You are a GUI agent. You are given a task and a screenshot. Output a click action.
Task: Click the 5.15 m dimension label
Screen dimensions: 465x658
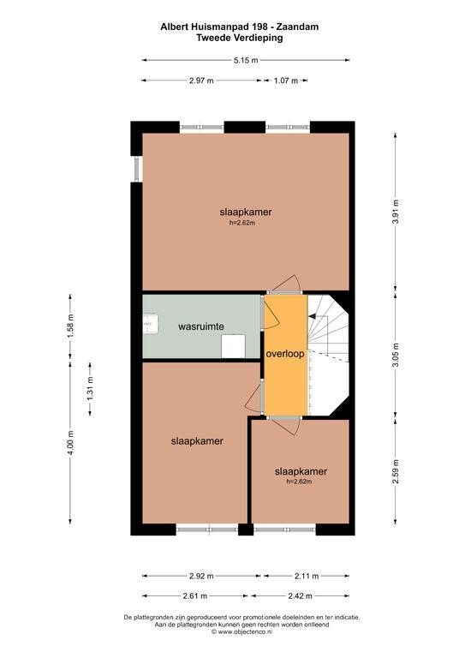[x=246, y=60]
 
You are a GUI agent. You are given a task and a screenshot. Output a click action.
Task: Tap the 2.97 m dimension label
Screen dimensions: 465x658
[x=201, y=81]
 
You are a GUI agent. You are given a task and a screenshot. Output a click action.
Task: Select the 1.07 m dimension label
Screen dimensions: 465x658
[x=286, y=81]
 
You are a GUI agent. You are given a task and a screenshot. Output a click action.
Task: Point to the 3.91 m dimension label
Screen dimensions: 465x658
[x=396, y=212]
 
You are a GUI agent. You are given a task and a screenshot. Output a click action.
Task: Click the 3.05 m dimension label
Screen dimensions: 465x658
[x=396, y=355]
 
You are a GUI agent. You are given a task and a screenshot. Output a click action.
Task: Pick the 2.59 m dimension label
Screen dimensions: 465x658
[x=396, y=472]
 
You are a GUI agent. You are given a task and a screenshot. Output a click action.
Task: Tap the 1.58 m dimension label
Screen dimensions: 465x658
[x=70, y=326]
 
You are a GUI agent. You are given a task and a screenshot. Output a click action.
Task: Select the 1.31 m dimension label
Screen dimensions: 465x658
[x=90, y=389]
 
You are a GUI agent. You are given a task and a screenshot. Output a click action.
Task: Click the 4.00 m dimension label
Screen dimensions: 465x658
[x=70, y=443]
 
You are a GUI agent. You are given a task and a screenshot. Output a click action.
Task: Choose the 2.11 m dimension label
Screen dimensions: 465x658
[x=307, y=576]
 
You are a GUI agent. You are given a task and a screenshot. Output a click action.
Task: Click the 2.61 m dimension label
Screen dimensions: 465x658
[x=195, y=596]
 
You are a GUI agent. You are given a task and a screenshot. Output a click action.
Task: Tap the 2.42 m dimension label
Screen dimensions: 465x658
[x=300, y=596]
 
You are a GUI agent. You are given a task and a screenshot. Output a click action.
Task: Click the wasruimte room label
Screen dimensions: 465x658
[x=201, y=326]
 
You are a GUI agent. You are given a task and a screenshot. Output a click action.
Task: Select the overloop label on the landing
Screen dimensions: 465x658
[x=285, y=354]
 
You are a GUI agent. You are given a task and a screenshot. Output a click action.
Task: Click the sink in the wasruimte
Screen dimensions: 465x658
[x=151, y=324]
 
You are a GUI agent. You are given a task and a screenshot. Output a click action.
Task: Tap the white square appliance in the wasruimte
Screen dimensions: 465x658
[x=234, y=346]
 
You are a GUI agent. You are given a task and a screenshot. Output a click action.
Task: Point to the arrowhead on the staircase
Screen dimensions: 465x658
[x=311, y=316]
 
